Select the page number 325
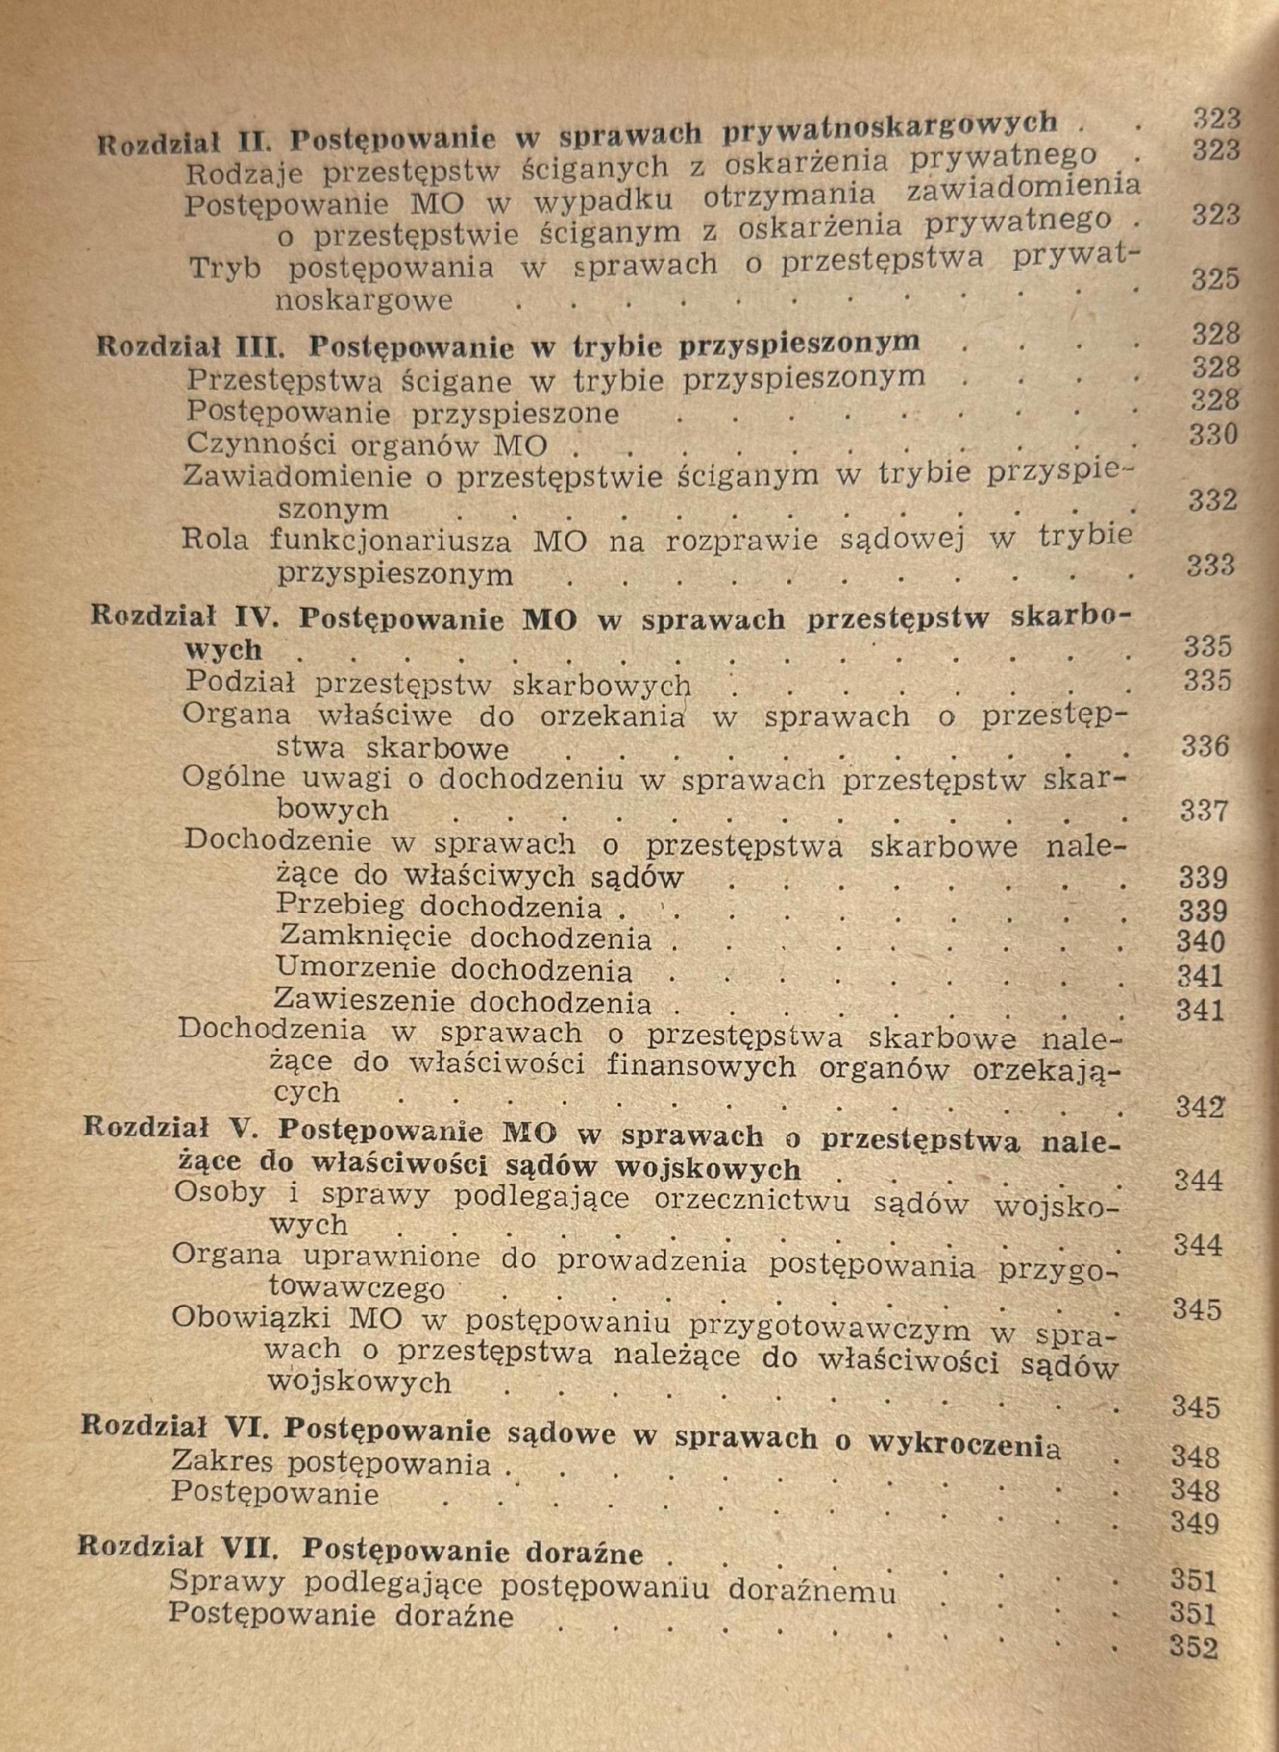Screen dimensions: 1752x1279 [x=1216, y=279]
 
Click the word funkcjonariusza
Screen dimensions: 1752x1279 [x=390, y=540]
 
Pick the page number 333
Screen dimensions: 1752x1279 [x=1211, y=566]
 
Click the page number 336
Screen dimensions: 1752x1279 [x=1206, y=746]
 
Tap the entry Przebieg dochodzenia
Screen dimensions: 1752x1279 [x=439, y=907]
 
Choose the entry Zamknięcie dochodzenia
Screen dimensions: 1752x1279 [x=465, y=938]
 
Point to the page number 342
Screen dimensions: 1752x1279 [x=1200, y=1108]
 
